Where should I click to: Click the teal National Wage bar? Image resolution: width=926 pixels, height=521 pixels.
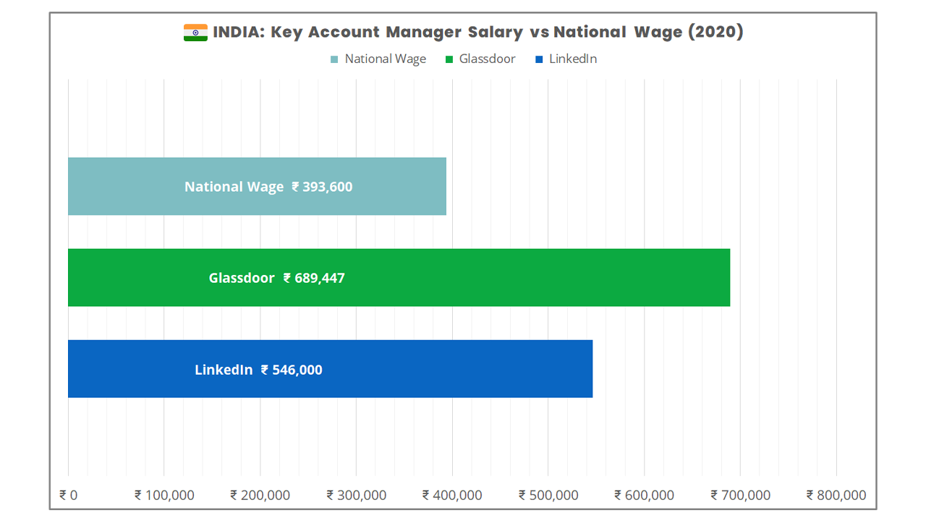(x=257, y=187)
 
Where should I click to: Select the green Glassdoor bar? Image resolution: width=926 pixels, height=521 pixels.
(x=399, y=278)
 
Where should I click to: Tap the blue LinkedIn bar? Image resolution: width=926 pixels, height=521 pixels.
(x=330, y=369)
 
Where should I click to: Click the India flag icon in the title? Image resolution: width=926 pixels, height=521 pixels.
(x=195, y=33)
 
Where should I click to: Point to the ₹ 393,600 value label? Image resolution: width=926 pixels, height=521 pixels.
(x=322, y=187)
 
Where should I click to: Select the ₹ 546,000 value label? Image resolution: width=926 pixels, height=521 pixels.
(x=292, y=370)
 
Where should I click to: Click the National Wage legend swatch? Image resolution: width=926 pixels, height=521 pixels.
(x=334, y=59)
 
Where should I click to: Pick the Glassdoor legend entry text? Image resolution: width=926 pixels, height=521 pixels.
(x=487, y=59)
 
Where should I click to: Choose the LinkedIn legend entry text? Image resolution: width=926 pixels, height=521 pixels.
(x=573, y=59)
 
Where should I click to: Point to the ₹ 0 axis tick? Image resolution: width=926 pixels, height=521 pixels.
(x=69, y=495)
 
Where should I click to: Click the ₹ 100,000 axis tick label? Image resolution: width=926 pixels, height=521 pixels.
(x=164, y=495)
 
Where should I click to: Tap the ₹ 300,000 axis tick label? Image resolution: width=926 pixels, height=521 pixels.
(x=357, y=495)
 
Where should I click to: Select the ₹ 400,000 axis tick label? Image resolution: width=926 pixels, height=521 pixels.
(x=452, y=495)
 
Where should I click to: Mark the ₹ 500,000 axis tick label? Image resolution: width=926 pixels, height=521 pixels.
(x=548, y=495)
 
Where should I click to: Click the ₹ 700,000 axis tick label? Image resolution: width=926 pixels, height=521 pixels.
(x=740, y=495)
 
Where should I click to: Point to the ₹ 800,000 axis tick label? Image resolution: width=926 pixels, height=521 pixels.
(x=836, y=495)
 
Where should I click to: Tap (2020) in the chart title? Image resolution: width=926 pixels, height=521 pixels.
(x=715, y=33)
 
